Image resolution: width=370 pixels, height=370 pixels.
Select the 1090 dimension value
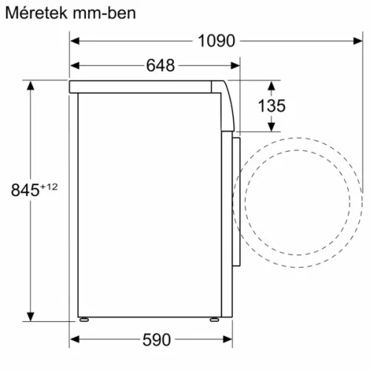click(x=216, y=41)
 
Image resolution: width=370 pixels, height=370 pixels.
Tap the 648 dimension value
click(x=160, y=65)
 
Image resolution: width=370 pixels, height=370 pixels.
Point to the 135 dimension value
click(x=272, y=105)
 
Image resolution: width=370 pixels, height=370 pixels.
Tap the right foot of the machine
click(x=213, y=320)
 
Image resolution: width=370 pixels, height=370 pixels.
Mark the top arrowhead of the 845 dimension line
click(x=30, y=84)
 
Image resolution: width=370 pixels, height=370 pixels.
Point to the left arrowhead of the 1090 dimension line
click(x=74, y=41)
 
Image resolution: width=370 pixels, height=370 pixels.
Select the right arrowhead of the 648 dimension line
click(x=236, y=65)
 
